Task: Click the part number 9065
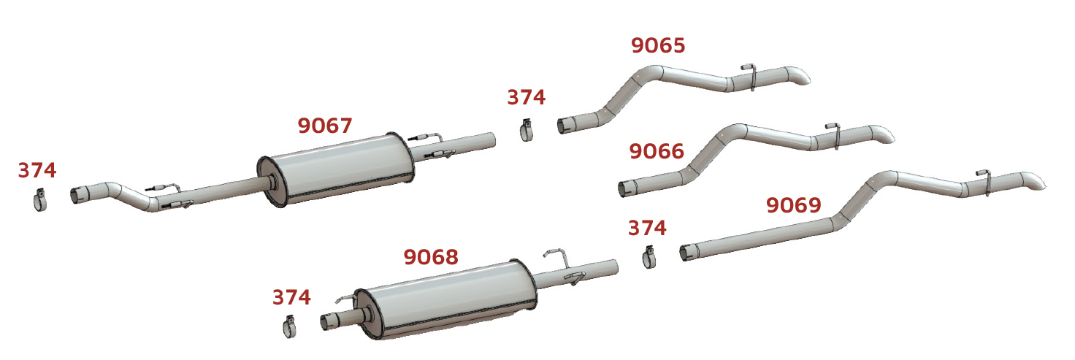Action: pyautogui.click(x=658, y=45)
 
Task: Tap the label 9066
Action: pyautogui.click(x=657, y=151)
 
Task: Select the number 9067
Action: pyautogui.click(x=325, y=126)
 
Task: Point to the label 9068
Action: pyautogui.click(x=431, y=257)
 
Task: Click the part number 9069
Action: pyautogui.click(x=794, y=205)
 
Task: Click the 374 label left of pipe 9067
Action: pyautogui.click(x=37, y=170)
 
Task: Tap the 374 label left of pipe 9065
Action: pyautogui.click(x=527, y=97)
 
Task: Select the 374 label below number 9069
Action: pyautogui.click(x=647, y=228)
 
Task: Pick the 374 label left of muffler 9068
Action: pyautogui.click(x=292, y=298)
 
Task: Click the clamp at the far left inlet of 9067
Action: pyautogui.click(x=40, y=200)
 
